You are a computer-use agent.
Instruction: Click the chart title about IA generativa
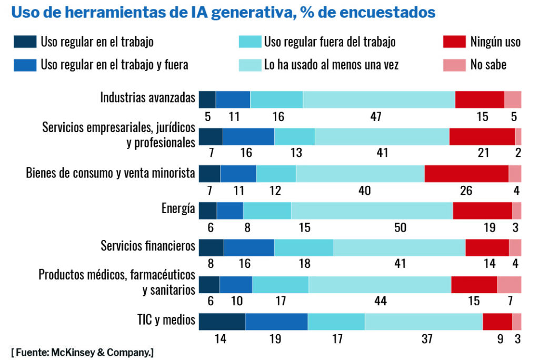pyautogui.click(x=223, y=12)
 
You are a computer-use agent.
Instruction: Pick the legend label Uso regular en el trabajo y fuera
pyautogui.click(x=114, y=65)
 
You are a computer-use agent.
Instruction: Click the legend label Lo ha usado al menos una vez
pyautogui.click(x=331, y=65)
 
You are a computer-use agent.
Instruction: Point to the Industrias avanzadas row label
pyautogui.click(x=148, y=98)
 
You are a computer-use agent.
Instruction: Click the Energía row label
pyautogui.click(x=178, y=209)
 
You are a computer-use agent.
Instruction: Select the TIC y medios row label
pyautogui.click(x=164, y=319)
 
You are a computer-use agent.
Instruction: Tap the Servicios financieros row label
pyautogui.click(x=148, y=246)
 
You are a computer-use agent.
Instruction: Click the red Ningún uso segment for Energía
pyautogui.click(x=482, y=211)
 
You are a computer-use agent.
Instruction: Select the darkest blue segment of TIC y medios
pyautogui.click(x=222, y=322)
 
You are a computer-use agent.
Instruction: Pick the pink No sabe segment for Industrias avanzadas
pyautogui.click(x=513, y=99)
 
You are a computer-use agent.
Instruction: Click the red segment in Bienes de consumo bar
pyautogui.click(x=466, y=174)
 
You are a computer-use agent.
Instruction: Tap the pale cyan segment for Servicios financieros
pyautogui.click(x=399, y=248)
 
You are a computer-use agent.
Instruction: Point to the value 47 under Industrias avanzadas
pyautogui.click(x=375, y=117)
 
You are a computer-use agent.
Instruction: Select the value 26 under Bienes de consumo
pyautogui.click(x=466, y=191)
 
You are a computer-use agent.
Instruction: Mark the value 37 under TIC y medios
pyautogui.click(x=426, y=339)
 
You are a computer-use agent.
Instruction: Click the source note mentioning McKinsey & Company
pyautogui.click(x=82, y=352)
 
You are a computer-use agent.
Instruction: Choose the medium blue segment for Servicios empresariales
pyautogui.click(x=248, y=137)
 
